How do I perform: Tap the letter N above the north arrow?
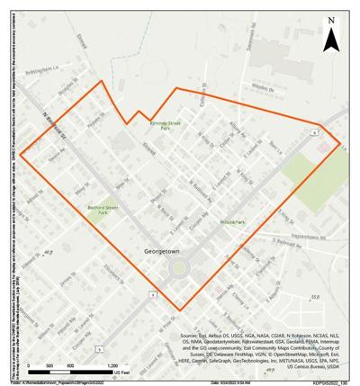click(x=332, y=20)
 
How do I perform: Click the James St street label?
click(x=65, y=281)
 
